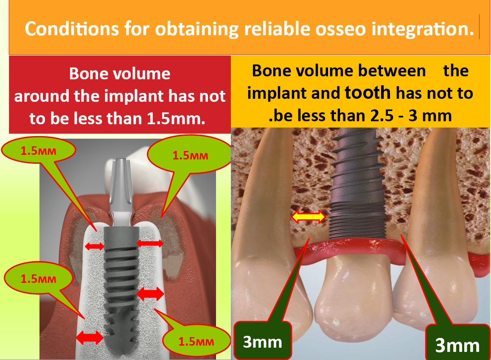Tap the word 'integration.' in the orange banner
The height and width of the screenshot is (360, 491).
423,29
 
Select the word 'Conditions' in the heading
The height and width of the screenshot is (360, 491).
72,29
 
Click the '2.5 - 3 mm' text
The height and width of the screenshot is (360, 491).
411,116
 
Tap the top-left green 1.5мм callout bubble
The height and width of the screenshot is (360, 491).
39,151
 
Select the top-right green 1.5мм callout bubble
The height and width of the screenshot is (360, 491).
189,155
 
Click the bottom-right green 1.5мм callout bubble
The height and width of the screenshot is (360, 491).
196,341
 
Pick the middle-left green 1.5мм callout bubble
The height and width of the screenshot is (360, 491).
38,278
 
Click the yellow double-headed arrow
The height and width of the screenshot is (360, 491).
309,217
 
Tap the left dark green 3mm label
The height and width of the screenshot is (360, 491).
263,341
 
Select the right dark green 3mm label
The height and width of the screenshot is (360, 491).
457,344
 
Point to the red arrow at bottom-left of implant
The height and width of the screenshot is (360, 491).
90,338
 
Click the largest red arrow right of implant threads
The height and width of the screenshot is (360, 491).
150,294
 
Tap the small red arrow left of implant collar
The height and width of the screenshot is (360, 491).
94,246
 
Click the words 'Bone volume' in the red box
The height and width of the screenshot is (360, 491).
120,74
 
